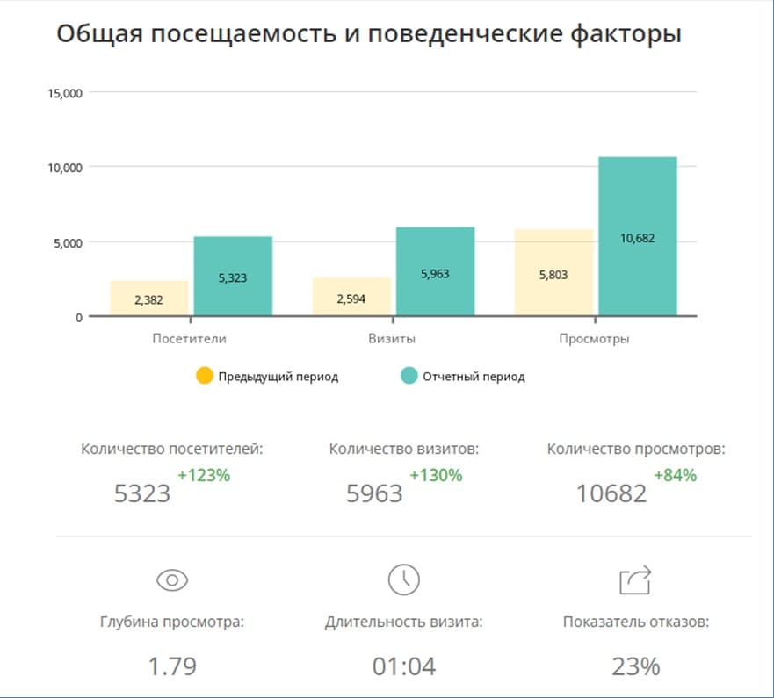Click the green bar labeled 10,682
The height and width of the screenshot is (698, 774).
point(638,236)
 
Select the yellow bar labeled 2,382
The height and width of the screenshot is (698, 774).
point(148,299)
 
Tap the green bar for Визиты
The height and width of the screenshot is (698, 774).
point(435,271)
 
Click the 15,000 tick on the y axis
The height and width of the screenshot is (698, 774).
point(65,92)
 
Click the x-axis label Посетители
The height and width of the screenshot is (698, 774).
point(189,338)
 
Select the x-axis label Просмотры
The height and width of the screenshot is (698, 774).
point(594,338)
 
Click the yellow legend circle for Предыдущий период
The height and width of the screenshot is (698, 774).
point(205,376)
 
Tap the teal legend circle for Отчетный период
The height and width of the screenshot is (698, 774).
point(409,376)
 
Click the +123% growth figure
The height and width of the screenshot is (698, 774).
point(204,475)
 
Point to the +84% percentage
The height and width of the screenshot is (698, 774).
point(675,475)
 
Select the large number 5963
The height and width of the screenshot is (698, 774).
point(374,493)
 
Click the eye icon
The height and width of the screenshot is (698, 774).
point(172,579)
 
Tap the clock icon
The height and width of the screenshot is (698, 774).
point(403,579)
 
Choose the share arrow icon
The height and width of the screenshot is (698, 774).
point(635,579)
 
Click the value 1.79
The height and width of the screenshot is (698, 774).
point(172,666)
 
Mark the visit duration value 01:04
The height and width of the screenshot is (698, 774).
point(404,666)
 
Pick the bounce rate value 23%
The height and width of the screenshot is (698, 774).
point(635,666)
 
